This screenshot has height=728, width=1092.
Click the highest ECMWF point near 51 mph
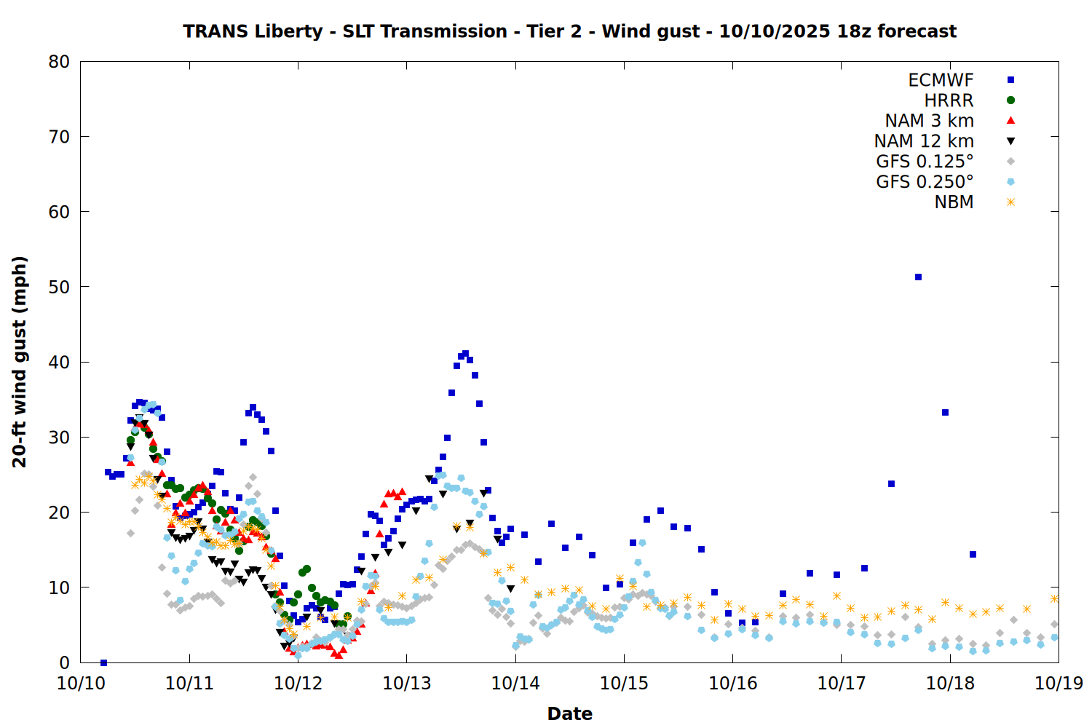coord(918,277)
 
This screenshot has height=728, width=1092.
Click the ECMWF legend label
coord(941,80)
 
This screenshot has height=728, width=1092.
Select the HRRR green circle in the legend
coord(1010,100)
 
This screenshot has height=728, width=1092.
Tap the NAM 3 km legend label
coord(929,121)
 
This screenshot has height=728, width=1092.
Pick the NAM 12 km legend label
coord(924,141)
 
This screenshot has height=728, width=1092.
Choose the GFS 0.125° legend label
coord(925,162)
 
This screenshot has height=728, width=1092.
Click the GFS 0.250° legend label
coord(925,182)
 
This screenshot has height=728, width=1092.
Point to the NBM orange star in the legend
coord(1010,202)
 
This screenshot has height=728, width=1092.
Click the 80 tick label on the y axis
coord(59,62)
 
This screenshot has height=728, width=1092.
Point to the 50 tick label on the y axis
coord(59,287)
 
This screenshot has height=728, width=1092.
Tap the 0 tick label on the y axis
coord(65,662)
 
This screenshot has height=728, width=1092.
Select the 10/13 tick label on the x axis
coord(406,684)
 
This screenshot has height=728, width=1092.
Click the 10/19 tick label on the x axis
coord(1059,684)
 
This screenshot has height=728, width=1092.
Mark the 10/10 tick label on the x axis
coord(80,684)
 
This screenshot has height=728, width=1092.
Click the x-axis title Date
coord(569,713)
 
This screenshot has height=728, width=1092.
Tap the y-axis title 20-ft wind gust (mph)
coord(20,362)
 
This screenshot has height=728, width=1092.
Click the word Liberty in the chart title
coord(288,31)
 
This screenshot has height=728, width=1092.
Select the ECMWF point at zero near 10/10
coord(103,662)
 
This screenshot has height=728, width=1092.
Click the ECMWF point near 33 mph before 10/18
coord(945,412)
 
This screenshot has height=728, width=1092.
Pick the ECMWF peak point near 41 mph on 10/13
coord(465,353)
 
